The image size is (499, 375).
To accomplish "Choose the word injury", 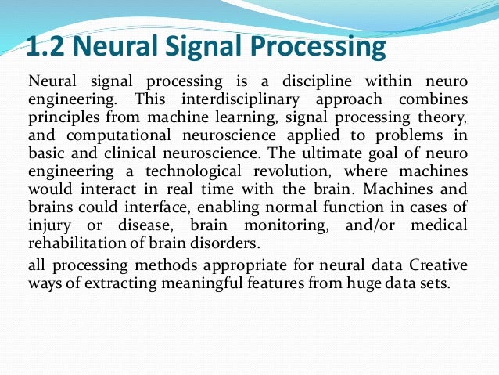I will point(50,225).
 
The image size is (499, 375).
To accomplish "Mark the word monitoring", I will point(282,225).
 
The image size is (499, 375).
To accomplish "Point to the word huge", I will point(339,283).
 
